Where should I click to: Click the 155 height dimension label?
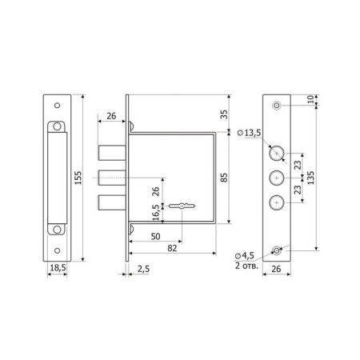78,178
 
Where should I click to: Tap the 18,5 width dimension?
58,267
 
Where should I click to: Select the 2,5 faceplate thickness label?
143,269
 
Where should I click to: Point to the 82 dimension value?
172,248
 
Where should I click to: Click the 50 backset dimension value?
155,236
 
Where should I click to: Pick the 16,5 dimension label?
156,213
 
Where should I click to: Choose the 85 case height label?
225,178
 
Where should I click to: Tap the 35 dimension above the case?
225,114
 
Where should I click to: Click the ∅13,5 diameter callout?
249,133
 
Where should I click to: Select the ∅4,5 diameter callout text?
244,256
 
